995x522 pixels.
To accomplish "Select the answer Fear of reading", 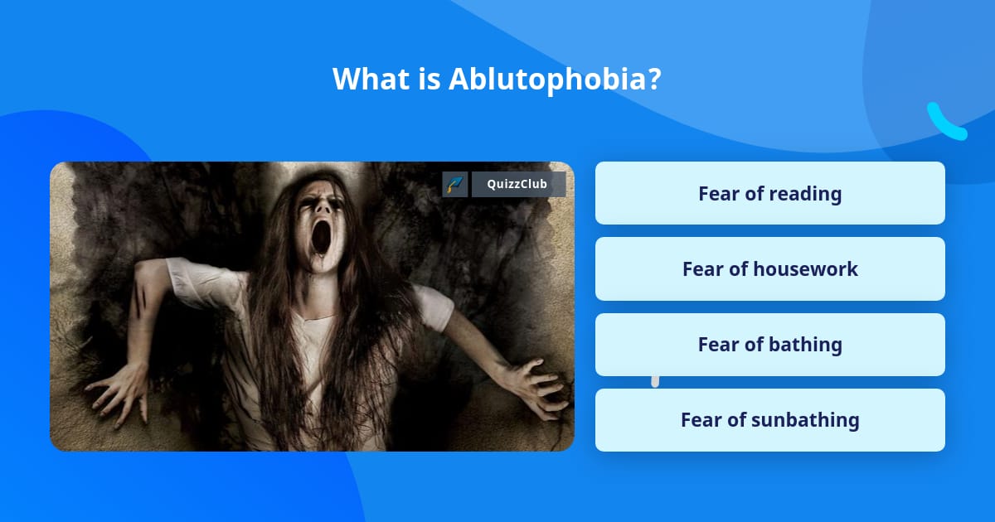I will click(x=769, y=193).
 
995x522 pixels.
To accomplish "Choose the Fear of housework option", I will click(x=769, y=268).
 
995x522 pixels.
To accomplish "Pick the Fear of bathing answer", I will click(x=769, y=344).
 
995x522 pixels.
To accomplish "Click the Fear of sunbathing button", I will click(x=769, y=419).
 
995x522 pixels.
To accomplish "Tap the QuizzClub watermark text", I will click(x=518, y=184).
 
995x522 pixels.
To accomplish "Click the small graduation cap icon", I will click(x=454, y=184).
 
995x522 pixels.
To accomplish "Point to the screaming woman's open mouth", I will click(x=320, y=238).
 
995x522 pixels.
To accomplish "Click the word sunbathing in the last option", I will click(x=804, y=419).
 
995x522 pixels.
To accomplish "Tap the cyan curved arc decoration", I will click(x=945, y=123).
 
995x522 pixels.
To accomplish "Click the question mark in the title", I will click(x=654, y=80).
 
